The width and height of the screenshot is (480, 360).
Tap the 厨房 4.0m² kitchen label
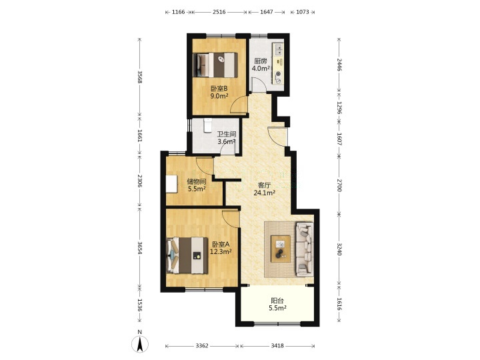click(x=261, y=65)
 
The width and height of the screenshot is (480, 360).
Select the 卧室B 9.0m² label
click(x=219, y=93)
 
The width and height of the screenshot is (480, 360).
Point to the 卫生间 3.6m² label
click(x=227, y=138)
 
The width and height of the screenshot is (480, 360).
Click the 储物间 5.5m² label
click(x=197, y=185)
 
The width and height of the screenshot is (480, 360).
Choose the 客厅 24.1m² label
click(x=264, y=189)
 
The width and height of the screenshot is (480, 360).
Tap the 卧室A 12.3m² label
click(x=221, y=248)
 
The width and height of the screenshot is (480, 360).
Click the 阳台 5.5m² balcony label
click(x=277, y=305)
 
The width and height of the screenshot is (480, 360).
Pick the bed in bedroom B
click(x=215, y=65)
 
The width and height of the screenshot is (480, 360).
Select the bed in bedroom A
click(x=187, y=255)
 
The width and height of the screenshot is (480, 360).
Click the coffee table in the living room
click(x=281, y=249)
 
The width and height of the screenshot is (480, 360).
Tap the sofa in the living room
click(x=304, y=249)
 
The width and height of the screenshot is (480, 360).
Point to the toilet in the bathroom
click(x=208, y=125)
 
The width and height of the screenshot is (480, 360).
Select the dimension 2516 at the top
click(x=219, y=12)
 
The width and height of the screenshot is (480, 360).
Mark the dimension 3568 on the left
click(x=139, y=77)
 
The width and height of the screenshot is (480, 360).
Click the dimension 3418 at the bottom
click(x=277, y=346)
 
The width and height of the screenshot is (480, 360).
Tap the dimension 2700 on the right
click(x=339, y=185)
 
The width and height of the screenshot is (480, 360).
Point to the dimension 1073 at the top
click(x=303, y=12)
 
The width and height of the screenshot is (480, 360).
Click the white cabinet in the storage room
click(x=172, y=184)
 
